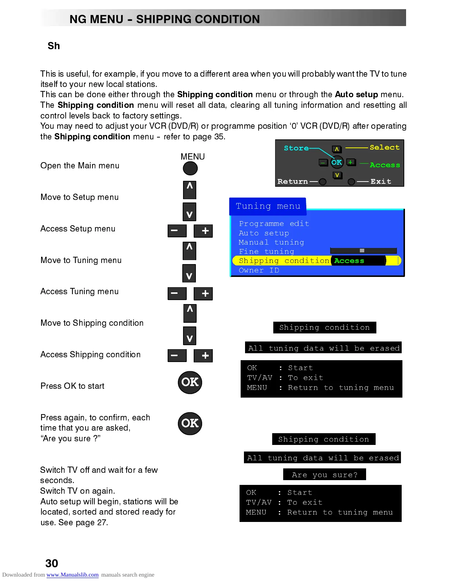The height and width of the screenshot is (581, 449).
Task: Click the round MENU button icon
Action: tap(190, 168)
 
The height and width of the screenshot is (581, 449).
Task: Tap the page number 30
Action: tap(52, 563)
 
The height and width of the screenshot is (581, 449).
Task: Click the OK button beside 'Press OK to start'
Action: tap(190, 382)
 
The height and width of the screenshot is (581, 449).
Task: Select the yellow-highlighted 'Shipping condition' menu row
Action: tap(284, 261)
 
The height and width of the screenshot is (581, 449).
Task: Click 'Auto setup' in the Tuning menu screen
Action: tap(264, 233)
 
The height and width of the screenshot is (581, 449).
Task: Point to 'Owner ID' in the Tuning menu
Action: tap(259, 270)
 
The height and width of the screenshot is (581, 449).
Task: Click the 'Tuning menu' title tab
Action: tap(268, 206)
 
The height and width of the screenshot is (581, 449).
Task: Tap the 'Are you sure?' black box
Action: tap(325, 475)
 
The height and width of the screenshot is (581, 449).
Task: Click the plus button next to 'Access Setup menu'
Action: tap(203, 231)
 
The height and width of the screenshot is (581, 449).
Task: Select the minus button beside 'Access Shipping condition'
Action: tap(177, 355)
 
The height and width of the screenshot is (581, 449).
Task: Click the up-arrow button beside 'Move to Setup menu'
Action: tap(190, 189)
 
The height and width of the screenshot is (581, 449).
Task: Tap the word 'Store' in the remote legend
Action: tap(296, 148)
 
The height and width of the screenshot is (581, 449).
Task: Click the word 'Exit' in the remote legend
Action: tap(381, 182)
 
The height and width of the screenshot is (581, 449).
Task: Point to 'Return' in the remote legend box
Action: tap(292, 182)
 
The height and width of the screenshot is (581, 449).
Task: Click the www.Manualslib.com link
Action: tap(72, 575)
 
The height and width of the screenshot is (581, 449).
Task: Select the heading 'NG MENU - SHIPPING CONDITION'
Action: tap(165, 19)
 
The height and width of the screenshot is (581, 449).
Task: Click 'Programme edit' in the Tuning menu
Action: tap(274, 224)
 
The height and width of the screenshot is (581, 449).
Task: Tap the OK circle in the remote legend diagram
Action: tap(337, 162)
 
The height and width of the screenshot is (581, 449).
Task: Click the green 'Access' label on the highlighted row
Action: tap(349, 261)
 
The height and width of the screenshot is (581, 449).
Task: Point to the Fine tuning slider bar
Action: tap(364, 251)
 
